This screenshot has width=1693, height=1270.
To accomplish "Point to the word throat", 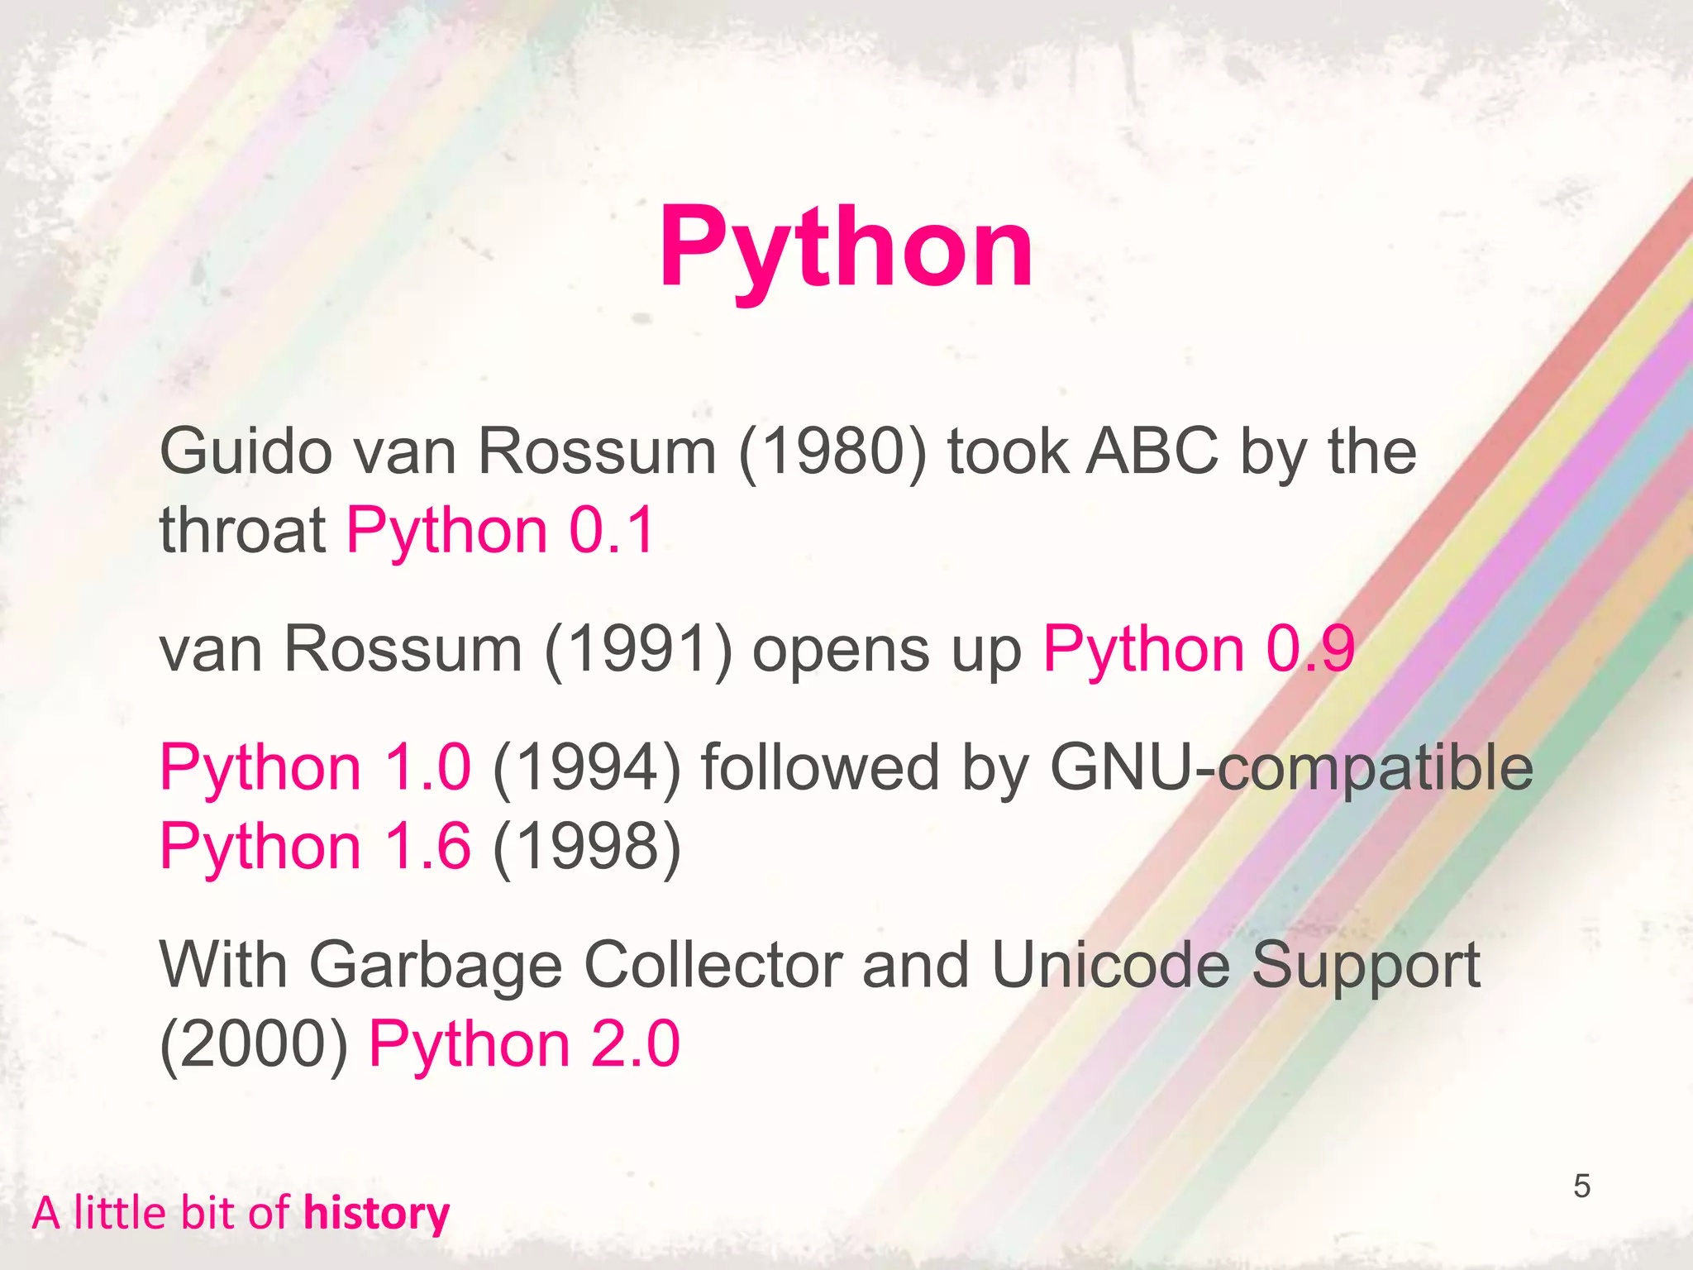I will tap(243, 530).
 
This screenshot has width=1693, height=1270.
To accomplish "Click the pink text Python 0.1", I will tap(501, 530).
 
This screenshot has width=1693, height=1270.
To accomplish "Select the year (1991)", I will tap(638, 649).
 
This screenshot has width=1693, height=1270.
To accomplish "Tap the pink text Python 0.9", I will tap(1199, 649).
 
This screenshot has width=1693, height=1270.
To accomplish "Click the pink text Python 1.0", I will tap(315, 768).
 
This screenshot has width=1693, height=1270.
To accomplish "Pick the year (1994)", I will tap(587, 768).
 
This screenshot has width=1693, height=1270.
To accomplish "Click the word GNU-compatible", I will tap(1291, 768).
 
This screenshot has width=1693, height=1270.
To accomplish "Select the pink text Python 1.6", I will tap(315, 847).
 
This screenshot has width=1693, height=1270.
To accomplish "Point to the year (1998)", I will tap(587, 847).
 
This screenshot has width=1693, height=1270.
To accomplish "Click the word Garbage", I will tap(436, 966).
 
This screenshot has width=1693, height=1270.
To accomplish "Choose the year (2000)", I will tap(254, 1044).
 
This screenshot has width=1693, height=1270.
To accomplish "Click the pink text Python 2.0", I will tap(524, 1044).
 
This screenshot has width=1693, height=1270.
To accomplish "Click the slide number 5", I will tap(1581, 1186).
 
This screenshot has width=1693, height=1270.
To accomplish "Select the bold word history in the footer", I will tap(376, 1214).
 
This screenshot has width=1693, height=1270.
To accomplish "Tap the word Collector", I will tap(713, 966).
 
